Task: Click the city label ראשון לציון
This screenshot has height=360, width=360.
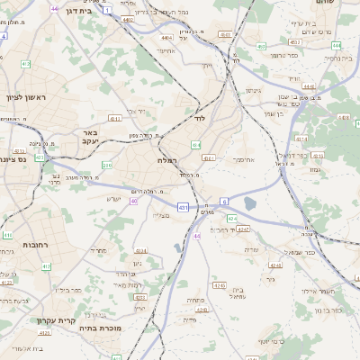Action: pyautogui.click(x=26, y=97)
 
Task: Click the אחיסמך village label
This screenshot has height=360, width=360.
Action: pyautogui.click(x=244, y=160)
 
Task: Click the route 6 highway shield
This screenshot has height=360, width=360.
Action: pyautogui.click(x=224, y=202)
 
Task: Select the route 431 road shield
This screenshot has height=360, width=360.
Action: pyautogui.click(x=184, y=207)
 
